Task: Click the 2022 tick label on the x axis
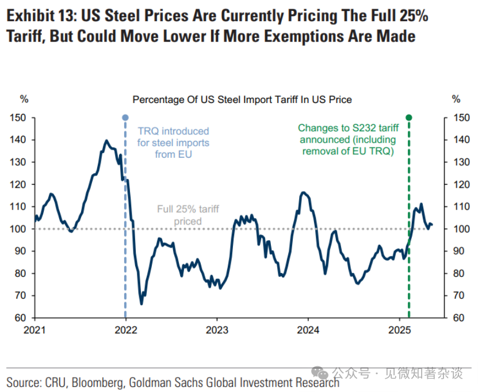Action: (x=125, y=330)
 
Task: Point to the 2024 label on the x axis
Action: (x=308, y=330)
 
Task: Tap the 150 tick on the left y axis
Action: (x=18, y=117)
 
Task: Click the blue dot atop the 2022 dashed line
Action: (x=125, y=117)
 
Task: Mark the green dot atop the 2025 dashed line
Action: (x=409, y=117)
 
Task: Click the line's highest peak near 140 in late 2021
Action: (x=106, y=140)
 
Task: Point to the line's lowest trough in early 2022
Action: (x=141, y=303)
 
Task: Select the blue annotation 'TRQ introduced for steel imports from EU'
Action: (x=173, y=143)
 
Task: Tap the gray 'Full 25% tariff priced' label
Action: (x=188, y=215)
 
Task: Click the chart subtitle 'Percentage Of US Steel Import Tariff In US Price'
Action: (x=242, y=100)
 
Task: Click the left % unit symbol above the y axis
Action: (x=24, y=100)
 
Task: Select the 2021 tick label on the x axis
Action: (x=35, y=330)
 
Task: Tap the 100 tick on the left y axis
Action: (x=18, y=229)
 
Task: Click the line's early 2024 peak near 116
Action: (x=304, y=192)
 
